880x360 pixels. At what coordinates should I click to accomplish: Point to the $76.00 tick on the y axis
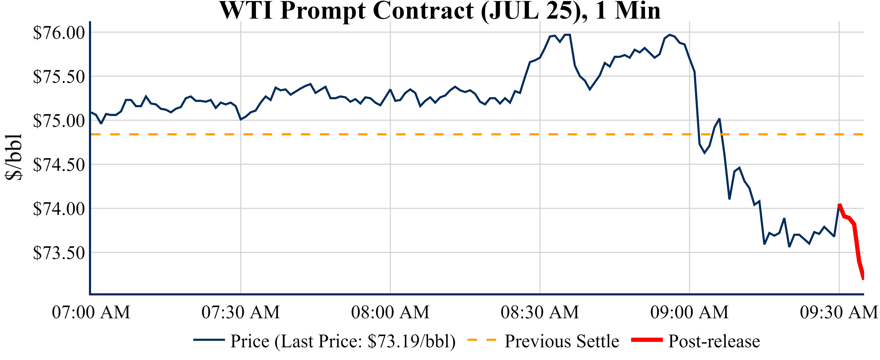59,33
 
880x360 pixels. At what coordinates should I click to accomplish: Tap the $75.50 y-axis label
59,77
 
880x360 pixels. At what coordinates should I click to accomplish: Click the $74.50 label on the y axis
59,165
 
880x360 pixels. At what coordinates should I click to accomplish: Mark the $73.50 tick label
59,253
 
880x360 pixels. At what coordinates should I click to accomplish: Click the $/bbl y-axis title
14,157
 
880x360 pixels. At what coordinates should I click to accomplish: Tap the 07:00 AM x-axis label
91,312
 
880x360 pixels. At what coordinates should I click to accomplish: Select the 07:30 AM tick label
241,312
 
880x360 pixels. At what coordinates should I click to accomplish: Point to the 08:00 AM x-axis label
390,312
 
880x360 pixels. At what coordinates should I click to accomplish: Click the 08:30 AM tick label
540,312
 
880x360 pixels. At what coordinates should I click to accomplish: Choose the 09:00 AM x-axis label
689,312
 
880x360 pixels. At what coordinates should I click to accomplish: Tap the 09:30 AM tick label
839,312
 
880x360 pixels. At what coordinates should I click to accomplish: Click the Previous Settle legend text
562,341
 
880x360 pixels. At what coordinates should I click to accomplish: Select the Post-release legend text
714,341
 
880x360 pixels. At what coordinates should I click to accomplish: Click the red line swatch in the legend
647,340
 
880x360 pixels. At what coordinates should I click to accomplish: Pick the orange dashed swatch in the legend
481,340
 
